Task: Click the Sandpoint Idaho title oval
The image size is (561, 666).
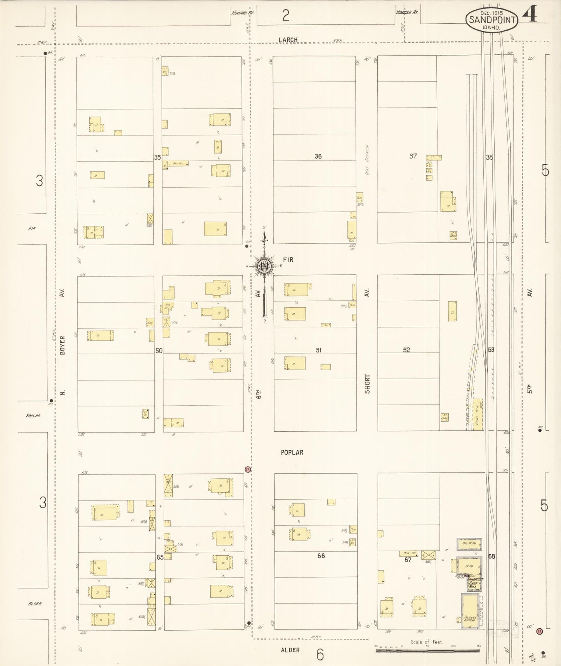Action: coord(492,20)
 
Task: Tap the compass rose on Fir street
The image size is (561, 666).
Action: coord(264,265)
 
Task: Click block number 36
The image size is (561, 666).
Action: coord(318,156)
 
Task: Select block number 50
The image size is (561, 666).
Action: coord(159,350)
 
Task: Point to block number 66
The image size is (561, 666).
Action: coord(321,556)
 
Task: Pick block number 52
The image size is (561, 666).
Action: coord(406,350)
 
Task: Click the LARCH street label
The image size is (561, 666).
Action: coord(288,40)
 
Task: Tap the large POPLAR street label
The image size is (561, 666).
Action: coord(292,452)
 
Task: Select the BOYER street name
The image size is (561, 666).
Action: coord(62,345)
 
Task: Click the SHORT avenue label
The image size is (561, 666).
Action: coord(367,384)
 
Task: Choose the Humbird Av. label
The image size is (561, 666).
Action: coord(407,12)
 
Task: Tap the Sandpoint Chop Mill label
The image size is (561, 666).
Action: coord(474,583)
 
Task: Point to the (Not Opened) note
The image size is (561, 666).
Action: coord(367,160)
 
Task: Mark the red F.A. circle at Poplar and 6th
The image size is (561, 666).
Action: coord(248,469)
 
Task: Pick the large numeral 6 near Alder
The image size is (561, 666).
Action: coord(320,655)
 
